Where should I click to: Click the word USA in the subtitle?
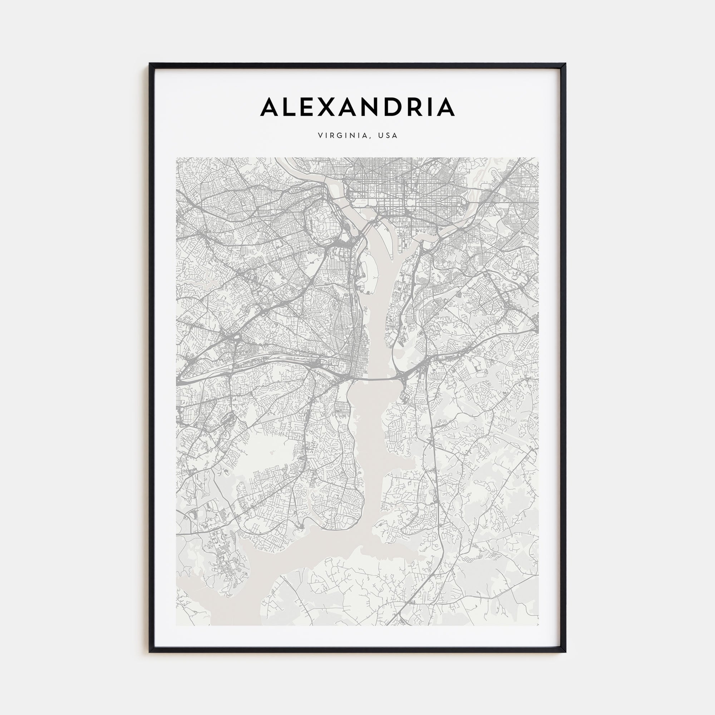(388, 136)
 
